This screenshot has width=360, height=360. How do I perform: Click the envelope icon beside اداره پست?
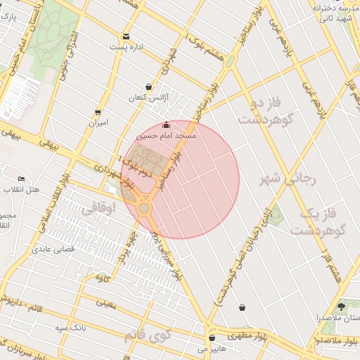click(126, 36)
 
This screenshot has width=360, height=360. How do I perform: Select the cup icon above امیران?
click(97, 112)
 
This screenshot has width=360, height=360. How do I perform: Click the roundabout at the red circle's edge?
click(144, 208)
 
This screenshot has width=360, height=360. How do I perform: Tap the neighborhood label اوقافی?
click(97, 209)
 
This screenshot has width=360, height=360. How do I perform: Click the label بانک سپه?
click(71, 327)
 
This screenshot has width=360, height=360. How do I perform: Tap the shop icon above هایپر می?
click(211, 337)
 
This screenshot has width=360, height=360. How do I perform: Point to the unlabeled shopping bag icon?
click(243, 307)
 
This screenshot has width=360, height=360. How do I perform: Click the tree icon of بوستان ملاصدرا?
click(342, 307)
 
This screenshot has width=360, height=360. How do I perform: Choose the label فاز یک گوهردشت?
click(320, 221)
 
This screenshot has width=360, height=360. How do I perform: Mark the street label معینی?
click(105, 304)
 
